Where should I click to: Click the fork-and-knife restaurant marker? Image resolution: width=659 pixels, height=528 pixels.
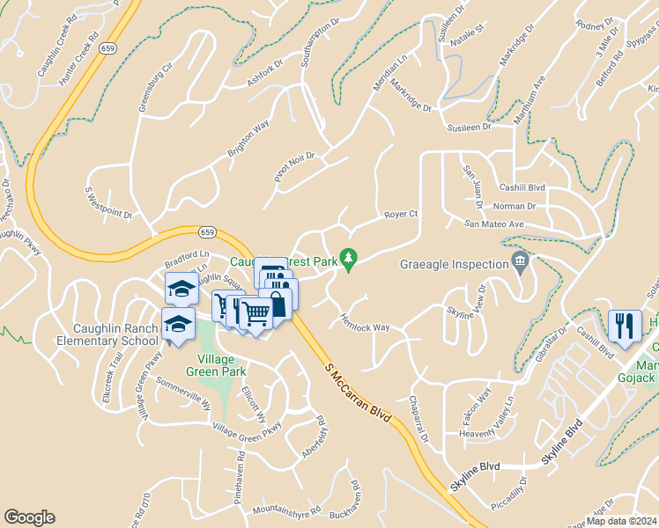625,326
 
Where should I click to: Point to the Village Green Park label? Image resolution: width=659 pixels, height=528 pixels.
209,365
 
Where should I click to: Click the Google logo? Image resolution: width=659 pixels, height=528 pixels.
29,517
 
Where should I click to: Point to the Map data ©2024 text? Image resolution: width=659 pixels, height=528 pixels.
622,521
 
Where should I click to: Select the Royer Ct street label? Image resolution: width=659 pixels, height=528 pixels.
400,214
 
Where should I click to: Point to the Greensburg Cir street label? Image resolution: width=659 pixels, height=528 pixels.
149,90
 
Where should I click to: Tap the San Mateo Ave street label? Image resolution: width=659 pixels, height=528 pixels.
494,224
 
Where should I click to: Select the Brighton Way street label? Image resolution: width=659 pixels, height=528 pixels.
248,139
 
